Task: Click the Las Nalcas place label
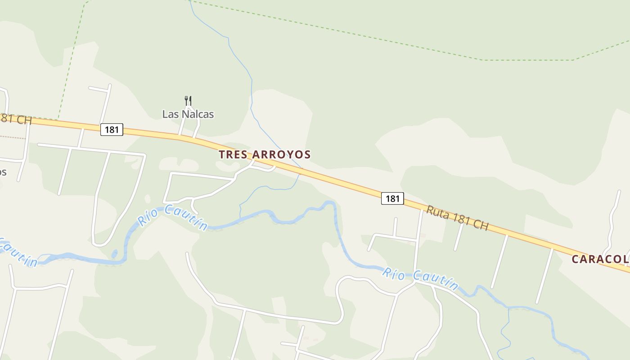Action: pos(188,114)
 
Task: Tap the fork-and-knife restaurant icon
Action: pos(188,101)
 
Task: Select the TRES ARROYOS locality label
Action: pos(265,154)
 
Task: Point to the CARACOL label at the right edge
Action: pos(600,259)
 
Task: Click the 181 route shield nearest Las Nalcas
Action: pos(111,130)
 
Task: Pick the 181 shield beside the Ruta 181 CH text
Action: pos(392,198)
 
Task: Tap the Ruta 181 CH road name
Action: pos(457,218)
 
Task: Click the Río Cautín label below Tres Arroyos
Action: pos(172,217)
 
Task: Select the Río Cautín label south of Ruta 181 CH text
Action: pos(420,279)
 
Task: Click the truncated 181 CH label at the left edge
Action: pos(15,120)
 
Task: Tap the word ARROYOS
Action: pos(281,154)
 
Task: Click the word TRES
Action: pos(233,154)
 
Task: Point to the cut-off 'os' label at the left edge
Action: pos(3,172)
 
